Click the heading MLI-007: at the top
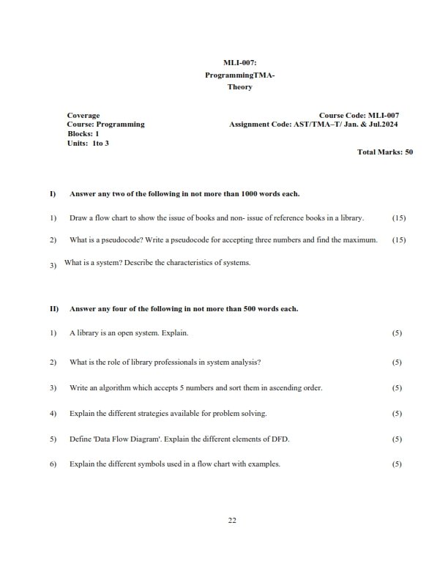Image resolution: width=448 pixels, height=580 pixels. click(x=240, y=64)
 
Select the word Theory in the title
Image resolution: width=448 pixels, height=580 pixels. click(x=240, y=87)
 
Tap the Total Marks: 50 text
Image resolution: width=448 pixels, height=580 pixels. click(x=385, y=152)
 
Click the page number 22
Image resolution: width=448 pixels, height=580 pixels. click(x=232, y=520)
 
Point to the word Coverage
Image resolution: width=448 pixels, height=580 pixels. click(x=83, y=115)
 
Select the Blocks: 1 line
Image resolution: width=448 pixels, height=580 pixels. click(x=83, y=134)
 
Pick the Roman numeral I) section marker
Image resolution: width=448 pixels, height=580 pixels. click(x=53, y=194)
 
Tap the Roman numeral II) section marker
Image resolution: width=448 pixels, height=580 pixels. click(x=53, y=309)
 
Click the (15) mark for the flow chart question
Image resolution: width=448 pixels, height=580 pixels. click(x=399, y=218)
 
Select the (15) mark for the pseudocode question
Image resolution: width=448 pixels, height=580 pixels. click(x=399, y=239)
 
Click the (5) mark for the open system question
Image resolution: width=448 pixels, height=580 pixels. click(x=397, y=333)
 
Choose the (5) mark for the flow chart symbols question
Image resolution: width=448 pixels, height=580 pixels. click(x=397, y=464)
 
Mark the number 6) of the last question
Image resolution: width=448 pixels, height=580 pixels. click(x=53, y=464)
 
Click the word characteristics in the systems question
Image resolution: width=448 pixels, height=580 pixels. click(x=179, y=262)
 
